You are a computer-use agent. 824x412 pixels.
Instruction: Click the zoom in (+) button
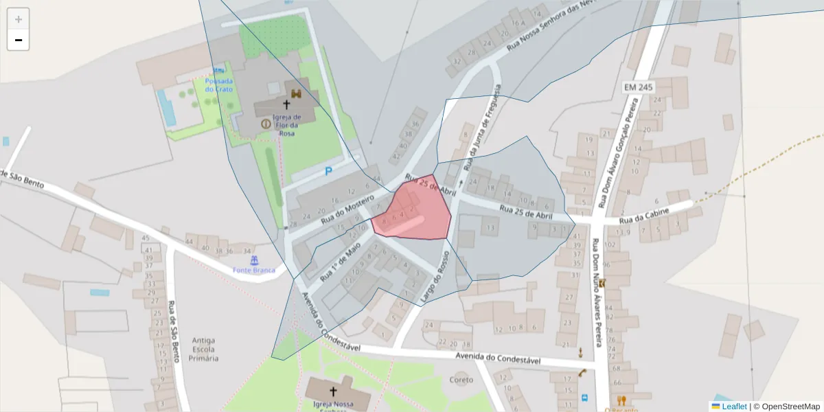(19, 19)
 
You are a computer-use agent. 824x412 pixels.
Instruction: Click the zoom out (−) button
(19, 40)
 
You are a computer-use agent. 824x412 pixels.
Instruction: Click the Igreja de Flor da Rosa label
(286, 125)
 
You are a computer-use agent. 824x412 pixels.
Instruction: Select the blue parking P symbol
(328, 172)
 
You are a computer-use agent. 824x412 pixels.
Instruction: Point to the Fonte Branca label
(253, 270)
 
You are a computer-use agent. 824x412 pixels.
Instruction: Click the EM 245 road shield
(639, 87)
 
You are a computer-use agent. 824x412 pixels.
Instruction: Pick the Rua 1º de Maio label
(340, 264)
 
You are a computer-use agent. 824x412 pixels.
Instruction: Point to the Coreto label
(461, 380)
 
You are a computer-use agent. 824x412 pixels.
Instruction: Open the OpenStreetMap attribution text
(786, 407)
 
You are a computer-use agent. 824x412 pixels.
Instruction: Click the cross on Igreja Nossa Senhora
(333, 391)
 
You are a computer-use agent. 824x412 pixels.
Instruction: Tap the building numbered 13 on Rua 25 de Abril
(490, 228)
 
